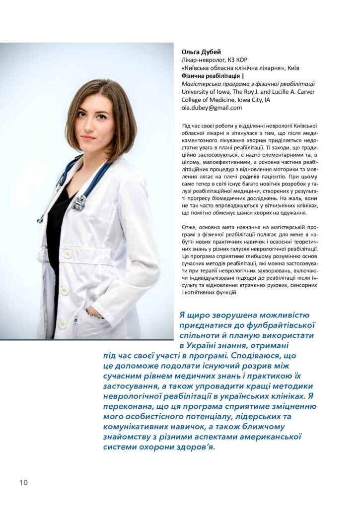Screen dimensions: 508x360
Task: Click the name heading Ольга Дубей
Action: (201, 52)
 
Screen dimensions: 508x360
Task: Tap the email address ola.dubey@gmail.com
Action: (212, 108)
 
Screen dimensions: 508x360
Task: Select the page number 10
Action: (24, 483)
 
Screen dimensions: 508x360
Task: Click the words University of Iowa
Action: (204, 92)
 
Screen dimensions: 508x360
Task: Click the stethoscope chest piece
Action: (79, 202)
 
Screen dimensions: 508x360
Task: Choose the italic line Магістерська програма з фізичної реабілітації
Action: (248, 84)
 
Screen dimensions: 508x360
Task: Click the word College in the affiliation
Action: (194, 100)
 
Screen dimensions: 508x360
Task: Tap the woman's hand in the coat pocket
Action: (93, 314)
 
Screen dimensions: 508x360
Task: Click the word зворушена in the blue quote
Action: (226, 315)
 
